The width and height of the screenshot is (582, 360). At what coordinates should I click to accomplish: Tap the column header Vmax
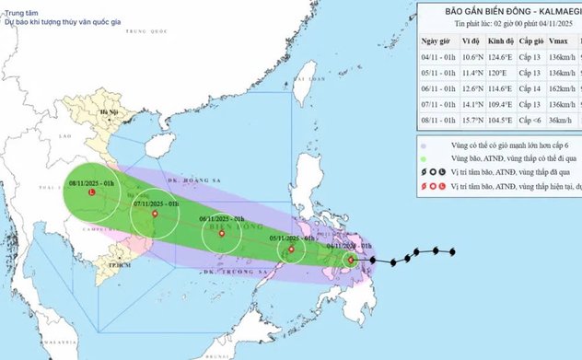click(560, 42)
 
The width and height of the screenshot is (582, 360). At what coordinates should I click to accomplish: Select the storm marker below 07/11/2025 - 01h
click(154, 215)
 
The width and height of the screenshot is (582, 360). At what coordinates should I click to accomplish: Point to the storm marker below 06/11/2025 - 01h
click(223, 233)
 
